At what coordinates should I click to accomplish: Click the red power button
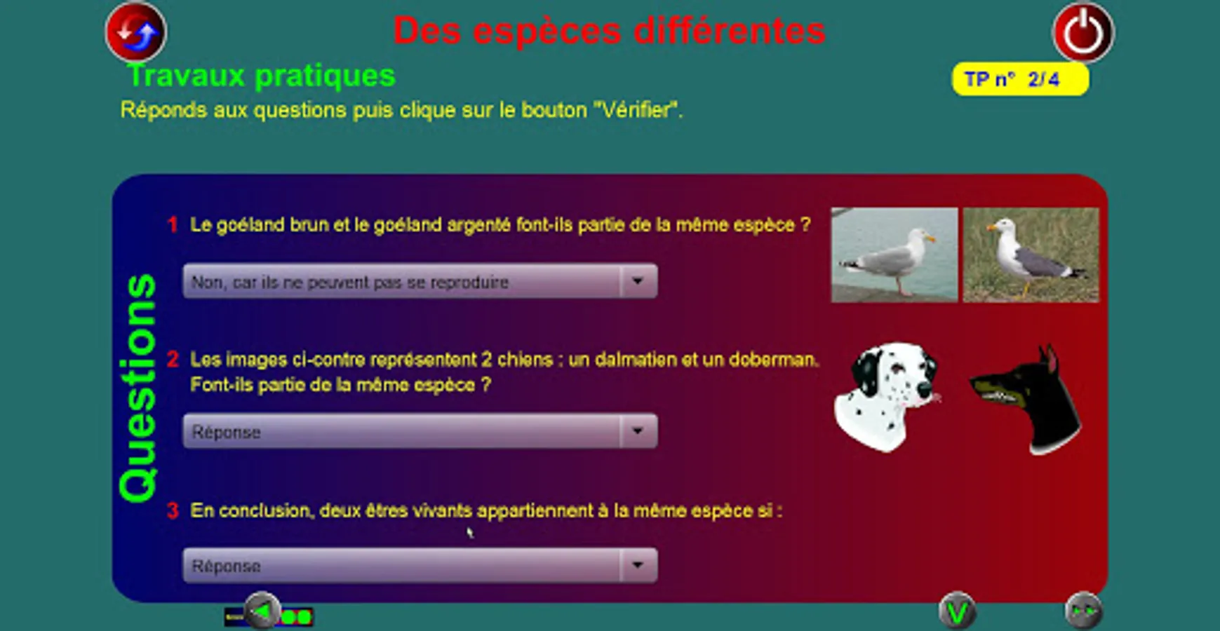pyautogui.click(x=1083, y=33)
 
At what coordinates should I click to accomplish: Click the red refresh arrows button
pyautogui.click(x=136, y=32)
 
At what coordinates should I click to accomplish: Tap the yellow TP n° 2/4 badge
pyautogui.click(x=1020, y=79)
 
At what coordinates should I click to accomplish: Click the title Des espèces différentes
pyautogui.click(x=609, y=31)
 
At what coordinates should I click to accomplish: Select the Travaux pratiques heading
pyautogui.click(x=261, y=76)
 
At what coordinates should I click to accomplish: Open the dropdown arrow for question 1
pyautogui.click(x=638, y=281)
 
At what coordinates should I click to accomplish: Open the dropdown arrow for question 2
pyautogui.click(x=638, y=431)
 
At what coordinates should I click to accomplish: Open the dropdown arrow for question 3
pyautogui.click(x=638, y=565)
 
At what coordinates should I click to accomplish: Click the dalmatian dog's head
pyautogui.click(x=887, y=395)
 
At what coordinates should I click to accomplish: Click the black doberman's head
pyautogui.click(x=1027, y=399)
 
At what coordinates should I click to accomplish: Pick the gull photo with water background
pyautogui.click(x=894, y=255)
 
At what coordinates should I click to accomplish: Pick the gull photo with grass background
pyautogui.click(x=1031, y=255)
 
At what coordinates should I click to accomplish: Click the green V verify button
pyautogui.click(x=957, y=612)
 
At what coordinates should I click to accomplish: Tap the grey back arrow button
pyautogui.click(x=262, y=612)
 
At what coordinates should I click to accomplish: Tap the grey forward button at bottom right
pyautogui.click(x=1083, y=612)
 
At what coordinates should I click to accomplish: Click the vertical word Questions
pyautogui.click(x=138, y=388)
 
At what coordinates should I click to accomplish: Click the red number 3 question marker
pyautogui.click(x=173, y=510)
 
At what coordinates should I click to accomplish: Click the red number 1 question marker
pyautogui.click(x=173, y=225)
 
